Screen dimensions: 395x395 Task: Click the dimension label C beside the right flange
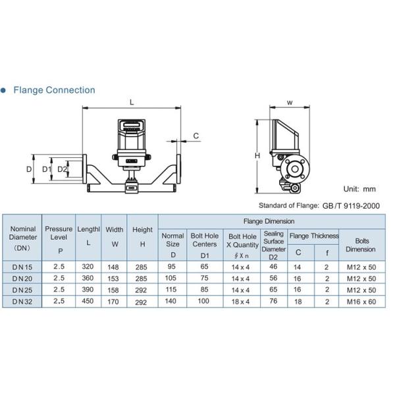point(196,136)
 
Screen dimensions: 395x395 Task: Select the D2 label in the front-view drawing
point(62,169)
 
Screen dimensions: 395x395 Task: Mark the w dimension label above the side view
point(290,102)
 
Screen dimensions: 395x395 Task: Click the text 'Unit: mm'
point(360,189)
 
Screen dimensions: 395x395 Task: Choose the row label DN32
point(23,301)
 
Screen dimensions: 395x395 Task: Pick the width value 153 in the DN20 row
point(115,279)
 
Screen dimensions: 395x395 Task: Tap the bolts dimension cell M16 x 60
point(361,301)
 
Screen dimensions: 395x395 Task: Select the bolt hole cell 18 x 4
point(240,301)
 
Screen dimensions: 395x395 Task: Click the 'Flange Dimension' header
point(269,221)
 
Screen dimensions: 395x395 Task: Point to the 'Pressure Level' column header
point(59,238)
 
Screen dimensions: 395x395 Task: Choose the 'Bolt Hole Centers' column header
point(204,240)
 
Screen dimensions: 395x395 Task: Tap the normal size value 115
point(173,290)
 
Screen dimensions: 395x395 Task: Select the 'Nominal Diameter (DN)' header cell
point(23,238)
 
